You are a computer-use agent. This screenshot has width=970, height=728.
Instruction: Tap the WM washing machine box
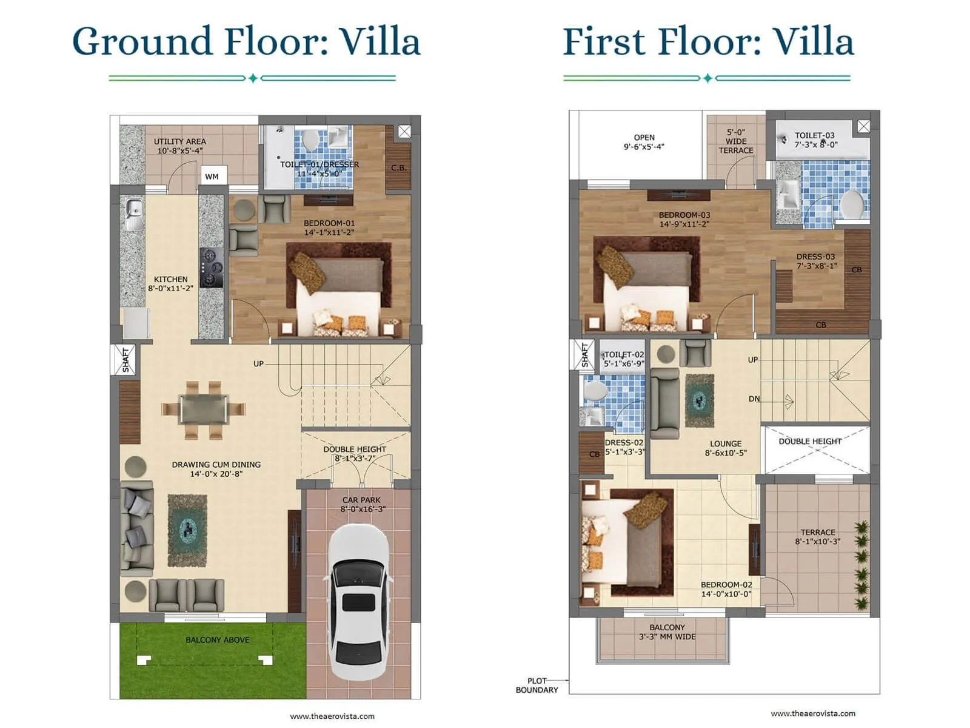(212, 177)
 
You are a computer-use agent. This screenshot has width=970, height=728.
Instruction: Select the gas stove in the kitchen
(211, 267)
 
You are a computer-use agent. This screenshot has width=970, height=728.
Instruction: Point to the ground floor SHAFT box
(125, 359)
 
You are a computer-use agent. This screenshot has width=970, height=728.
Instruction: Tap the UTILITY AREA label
(179, 141)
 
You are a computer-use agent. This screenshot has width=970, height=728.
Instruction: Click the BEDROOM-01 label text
(329, 223)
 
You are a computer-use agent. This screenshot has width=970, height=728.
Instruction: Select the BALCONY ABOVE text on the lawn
(217, 639)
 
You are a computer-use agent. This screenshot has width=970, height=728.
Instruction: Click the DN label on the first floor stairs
(754, 399)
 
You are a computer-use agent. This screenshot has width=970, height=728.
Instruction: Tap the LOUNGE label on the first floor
(726, 443)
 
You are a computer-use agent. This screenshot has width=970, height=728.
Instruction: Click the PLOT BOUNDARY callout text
(537, 685)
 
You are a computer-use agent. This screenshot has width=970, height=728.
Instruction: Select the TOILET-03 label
(814, 136)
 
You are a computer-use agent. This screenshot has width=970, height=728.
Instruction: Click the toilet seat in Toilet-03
(852, 204)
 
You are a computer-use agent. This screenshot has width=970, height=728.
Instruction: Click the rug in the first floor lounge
(700, 400)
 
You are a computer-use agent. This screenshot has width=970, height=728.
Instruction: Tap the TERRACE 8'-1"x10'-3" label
(817, 532)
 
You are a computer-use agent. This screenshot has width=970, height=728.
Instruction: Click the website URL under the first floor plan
(813, 713)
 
